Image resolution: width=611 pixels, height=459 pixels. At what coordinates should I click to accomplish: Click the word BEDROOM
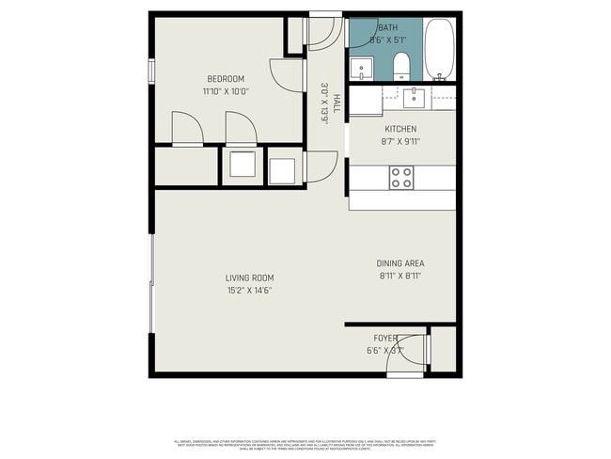pos(226,78)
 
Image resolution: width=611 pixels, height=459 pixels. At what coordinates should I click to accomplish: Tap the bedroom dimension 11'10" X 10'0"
pos(226,92)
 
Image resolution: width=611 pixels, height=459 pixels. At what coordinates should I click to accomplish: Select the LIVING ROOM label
pos(249,277)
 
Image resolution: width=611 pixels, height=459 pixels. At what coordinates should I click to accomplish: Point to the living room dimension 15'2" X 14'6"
pos(249,291)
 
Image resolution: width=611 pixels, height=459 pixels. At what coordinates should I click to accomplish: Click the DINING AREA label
pos(399,263)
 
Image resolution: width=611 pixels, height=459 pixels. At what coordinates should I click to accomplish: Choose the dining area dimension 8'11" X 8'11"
pos(399,277)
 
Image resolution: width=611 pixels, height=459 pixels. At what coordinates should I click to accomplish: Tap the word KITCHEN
pos(400,129)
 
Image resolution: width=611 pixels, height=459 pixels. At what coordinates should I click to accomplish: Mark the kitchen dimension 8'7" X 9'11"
pos(400,142)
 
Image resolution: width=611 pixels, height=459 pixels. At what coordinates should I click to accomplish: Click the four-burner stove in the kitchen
pos(401,177)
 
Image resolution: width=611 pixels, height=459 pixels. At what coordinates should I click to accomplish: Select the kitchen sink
pos(415,95)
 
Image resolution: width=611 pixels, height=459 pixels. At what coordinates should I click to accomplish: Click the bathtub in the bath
pos(439,50)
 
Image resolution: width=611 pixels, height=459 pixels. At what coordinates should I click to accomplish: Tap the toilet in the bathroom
pos(401,65)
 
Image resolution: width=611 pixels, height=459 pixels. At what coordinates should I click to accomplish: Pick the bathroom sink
pos(361,68)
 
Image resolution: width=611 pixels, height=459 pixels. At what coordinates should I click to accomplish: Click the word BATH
pos(386,28)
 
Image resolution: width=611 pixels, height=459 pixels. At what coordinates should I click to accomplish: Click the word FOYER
pos(385,338)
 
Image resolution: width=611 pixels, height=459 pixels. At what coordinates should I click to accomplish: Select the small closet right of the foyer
pos(443,349)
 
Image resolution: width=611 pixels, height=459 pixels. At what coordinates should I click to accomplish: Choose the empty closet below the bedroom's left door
pos(185,166)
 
